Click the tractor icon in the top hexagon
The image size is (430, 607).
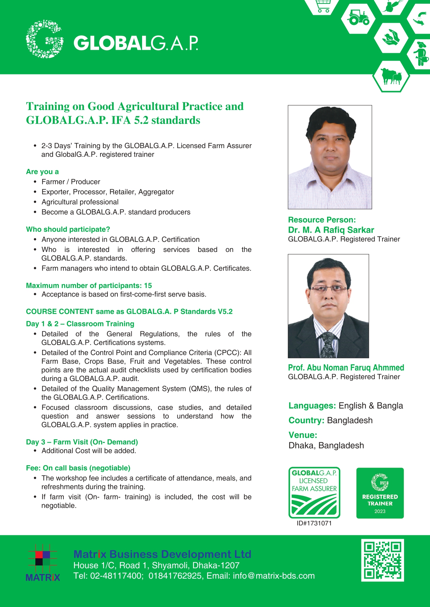click(x=359, y=18)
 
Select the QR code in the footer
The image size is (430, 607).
click(x=383, y=560)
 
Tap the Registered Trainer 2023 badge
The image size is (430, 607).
click(x=380, y=493)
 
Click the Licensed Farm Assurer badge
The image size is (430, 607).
click(x=314, y=493)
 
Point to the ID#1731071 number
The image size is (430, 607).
click(x=314, y=523)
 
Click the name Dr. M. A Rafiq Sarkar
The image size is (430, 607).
click(x=331, y=230)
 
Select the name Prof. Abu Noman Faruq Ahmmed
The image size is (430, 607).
click(x=346, y=368)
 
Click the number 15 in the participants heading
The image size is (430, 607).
click(x=148, y=286)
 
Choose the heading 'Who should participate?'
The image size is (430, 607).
click(x=68, y=229)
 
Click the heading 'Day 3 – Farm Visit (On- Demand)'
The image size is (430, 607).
click(x=82, y=442)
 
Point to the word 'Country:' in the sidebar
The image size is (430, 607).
click(x=306, y=420)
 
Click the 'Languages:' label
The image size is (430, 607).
click(x=312, y=406)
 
